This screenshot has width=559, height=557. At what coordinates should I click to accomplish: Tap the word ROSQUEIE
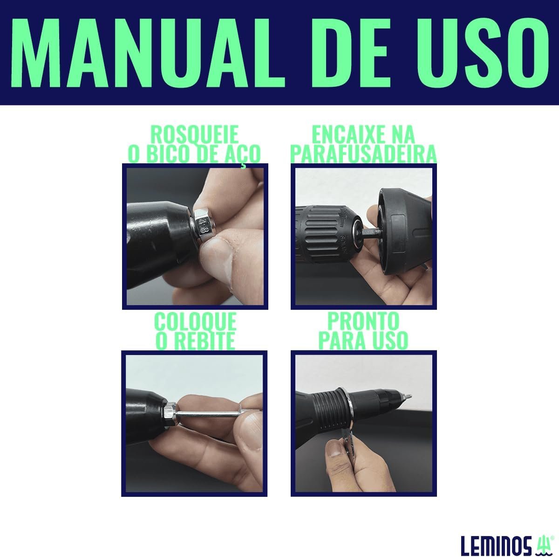pos(195,134)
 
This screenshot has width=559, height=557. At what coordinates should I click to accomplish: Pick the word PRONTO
pos(363,321)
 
